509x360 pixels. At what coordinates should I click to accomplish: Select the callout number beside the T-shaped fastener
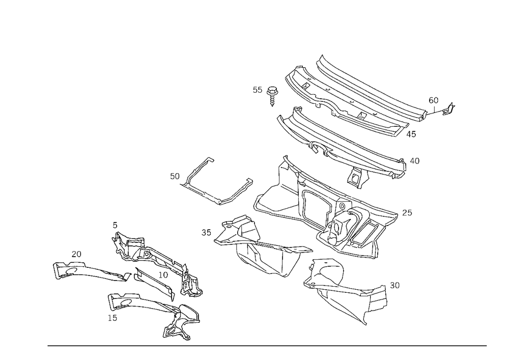click(258, 91)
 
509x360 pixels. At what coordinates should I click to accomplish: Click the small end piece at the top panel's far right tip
click(449, 107)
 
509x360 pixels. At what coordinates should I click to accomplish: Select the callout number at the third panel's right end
click(415, 161)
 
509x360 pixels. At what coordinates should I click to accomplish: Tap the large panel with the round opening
click(331, 214)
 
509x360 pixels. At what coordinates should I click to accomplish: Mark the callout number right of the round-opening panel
click(407, 211)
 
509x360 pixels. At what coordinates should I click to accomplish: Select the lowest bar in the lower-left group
click(153, 311)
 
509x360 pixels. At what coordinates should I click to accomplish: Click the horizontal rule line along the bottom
click(267, 345)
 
